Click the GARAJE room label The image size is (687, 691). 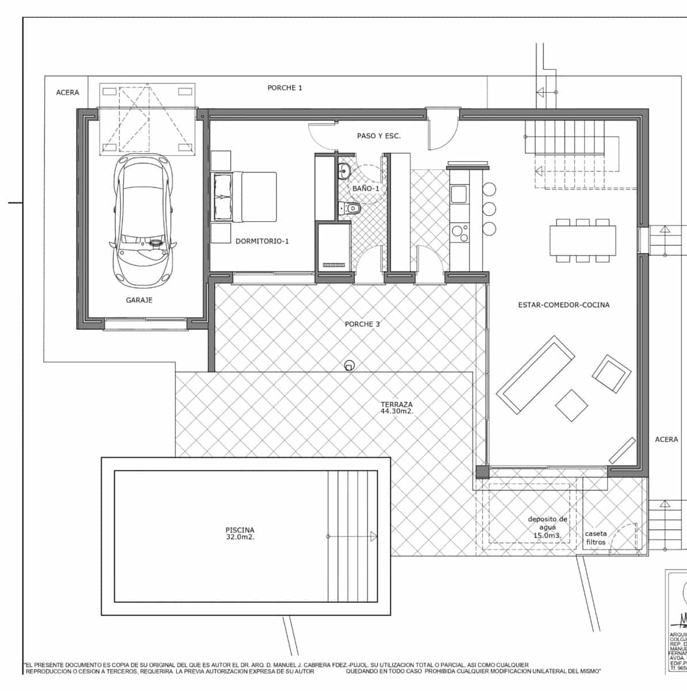[x=139, y=300]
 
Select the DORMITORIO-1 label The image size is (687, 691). [x=262, y=241]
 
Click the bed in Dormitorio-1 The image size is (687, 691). [x=245, y=196]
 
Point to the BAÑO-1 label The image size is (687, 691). [x=366, y=188]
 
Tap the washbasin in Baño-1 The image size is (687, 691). [x=345, y=170]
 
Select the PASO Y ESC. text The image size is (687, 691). [x=378, y=136]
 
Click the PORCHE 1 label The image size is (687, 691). [x=284, y=88]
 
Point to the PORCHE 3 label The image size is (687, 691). [x=362, y=324]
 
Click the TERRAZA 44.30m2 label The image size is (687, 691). [x=396, y=408]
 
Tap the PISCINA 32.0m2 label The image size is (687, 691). [x=240, y=534]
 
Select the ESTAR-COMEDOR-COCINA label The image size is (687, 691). [x=563, y=305]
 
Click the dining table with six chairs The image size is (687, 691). [x=583, y=240]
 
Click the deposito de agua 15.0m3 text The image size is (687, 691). [x=547, y=527]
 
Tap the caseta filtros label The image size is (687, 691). [x=595, y=538]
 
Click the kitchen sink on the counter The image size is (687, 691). [x=459, y=194]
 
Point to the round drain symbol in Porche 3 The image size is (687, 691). [x=349, y=366]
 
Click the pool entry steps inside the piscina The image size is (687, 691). [x=351, y=536]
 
